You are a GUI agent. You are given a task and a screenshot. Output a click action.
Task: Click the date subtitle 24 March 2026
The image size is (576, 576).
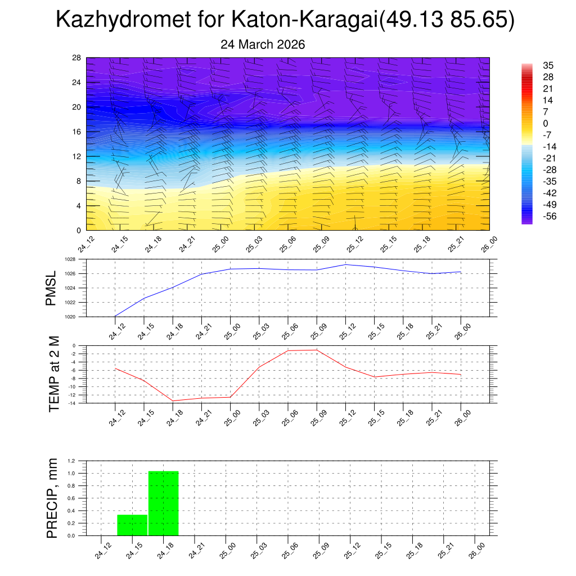coord(263,44)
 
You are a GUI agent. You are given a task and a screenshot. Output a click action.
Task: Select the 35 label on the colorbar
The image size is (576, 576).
coord(548,65)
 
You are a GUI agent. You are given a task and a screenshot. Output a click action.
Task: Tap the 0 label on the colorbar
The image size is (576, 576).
coord(546,123)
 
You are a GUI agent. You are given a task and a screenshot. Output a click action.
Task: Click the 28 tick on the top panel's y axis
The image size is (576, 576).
coord(76,58)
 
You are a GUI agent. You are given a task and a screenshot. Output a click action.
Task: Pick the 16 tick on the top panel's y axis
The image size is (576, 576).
coord(76,132)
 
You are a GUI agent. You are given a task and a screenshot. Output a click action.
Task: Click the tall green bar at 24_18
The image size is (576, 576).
coord(163,503)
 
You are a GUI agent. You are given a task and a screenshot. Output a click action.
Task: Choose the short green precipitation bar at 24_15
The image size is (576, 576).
coord(132,525)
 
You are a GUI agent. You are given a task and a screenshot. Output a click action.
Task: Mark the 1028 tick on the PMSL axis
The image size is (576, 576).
coord(70,260)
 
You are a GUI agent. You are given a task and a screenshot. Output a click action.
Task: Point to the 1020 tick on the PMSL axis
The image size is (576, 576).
coord(70,317)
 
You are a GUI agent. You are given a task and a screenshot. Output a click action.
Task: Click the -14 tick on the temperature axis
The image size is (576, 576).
coord(72,403)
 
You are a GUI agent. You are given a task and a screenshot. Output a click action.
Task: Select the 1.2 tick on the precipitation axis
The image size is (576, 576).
coord(72,461)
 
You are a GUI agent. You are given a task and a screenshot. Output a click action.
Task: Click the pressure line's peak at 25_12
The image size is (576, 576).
coord(345,264)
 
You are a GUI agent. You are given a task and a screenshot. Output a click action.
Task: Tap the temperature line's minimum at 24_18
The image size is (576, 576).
coord(173,401)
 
